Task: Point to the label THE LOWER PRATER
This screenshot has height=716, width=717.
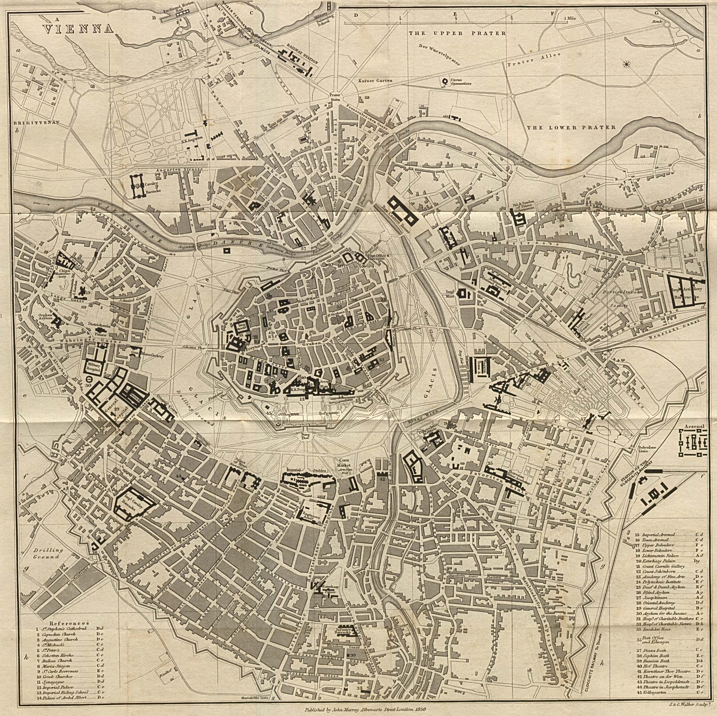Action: pyautogui.click(x=571, y=128)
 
